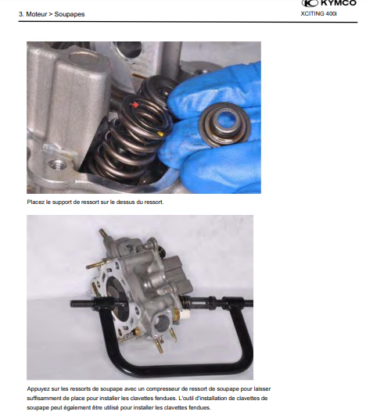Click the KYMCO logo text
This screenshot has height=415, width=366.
[338, 3]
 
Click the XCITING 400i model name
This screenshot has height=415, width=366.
[318, 13]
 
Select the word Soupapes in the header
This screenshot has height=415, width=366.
[70, 14]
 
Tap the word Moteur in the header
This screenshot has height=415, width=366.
[36, 14]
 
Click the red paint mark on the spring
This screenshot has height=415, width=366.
[135, 105]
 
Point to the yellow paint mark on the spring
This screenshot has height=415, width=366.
[160, 134]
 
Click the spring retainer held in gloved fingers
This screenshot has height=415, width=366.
[224, 124]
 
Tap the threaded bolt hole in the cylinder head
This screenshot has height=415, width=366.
[57, 166]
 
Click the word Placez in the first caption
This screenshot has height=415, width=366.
[35, 202]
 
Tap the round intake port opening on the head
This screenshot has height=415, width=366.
[161, 322]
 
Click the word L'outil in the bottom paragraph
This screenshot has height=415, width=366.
[188, 398]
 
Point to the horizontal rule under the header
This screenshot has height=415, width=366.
[188, 22]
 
